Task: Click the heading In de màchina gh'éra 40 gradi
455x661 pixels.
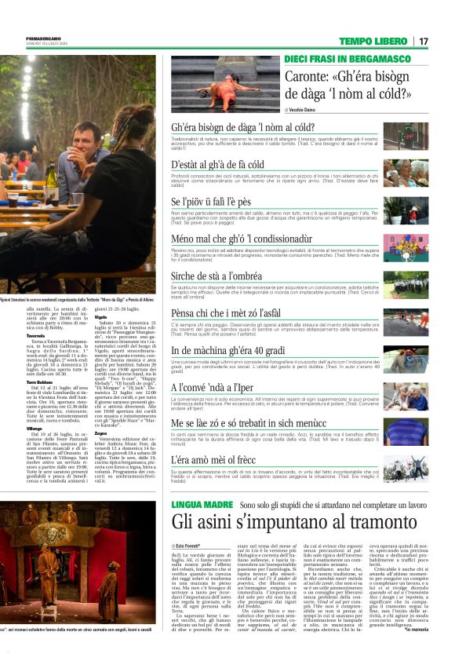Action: click(x=229, y=350)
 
